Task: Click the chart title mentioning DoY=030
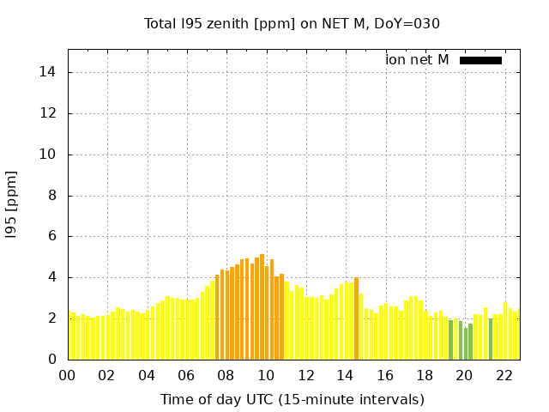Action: click(292, 23)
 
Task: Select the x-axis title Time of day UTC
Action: click(292, 399)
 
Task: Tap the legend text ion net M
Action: click(417, 59)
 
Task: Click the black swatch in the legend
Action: click(480, 60)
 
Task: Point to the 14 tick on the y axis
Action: click(49, 72)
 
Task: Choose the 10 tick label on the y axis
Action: click(49, 154)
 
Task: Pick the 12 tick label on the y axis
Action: click(49, 113)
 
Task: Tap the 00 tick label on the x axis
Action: click(67, 375)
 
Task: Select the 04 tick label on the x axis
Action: click(147, 375)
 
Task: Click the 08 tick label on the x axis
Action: click(226, 375)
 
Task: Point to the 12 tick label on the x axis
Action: click(305, 375)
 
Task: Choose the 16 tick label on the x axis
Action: click(385, 375)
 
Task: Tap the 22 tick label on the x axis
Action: click(504, 375)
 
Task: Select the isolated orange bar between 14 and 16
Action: click(356, 318)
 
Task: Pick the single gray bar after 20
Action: click(491, 339)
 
